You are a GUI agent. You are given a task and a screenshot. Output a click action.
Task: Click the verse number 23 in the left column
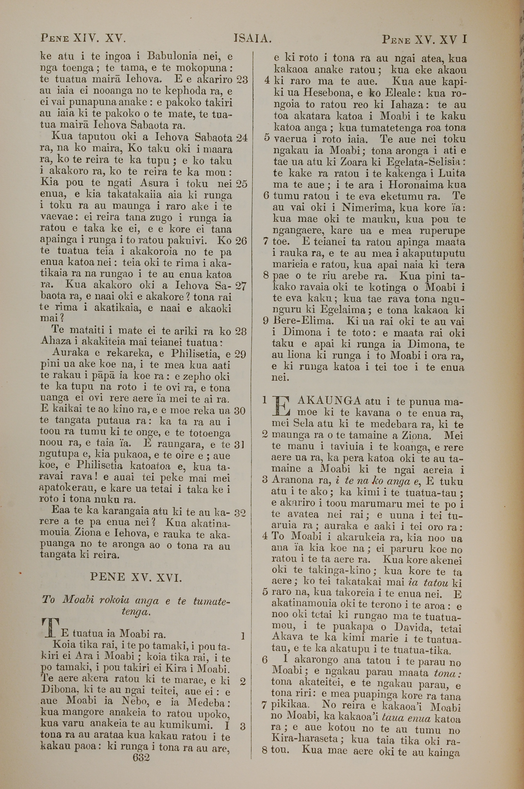[242, 80]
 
